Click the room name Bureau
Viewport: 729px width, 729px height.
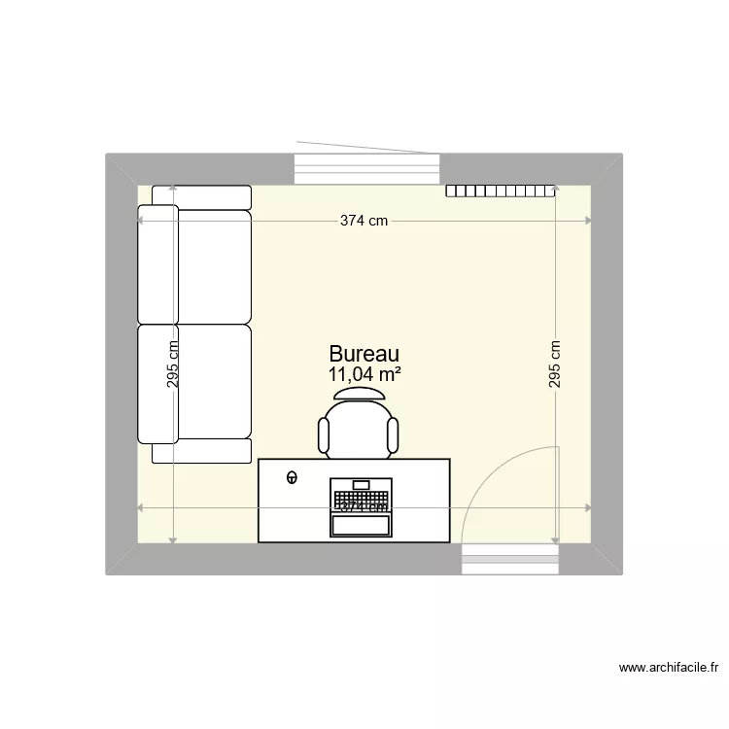click(364, 355)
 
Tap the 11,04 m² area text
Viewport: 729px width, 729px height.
click(364, 374)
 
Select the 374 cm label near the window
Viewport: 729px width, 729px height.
click(364, 221)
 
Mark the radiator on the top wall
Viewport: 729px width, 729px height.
click(501, 191)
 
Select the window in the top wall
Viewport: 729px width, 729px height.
click(366, 169)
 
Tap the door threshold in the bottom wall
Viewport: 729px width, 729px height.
click(511, 559)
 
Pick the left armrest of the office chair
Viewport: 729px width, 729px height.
click(324, 435)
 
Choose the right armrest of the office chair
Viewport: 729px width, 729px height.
click(394, 435)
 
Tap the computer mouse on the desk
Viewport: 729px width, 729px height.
click(292, 476)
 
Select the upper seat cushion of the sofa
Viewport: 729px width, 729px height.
click(212, 264)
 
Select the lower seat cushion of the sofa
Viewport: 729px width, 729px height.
click(212, 382)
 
